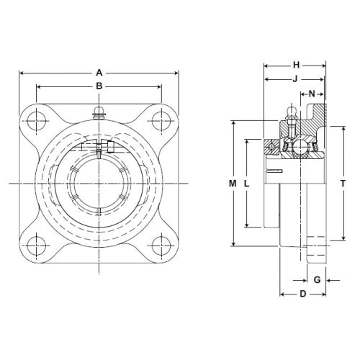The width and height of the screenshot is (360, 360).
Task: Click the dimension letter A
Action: point(99,73)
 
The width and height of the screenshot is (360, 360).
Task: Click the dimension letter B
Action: point(99,86)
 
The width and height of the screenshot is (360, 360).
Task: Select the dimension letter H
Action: point(297,65)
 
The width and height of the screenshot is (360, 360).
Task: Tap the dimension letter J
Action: point(295,78)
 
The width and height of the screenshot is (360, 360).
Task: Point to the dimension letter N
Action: point(312,94)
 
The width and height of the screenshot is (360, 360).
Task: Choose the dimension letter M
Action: point(233,184)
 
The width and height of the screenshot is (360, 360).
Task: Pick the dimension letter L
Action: point(247,184)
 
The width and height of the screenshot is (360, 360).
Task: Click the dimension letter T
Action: point(343,184)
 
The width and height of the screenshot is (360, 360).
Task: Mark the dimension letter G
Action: point(318,280)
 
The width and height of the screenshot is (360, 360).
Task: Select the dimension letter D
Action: point(303,294)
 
